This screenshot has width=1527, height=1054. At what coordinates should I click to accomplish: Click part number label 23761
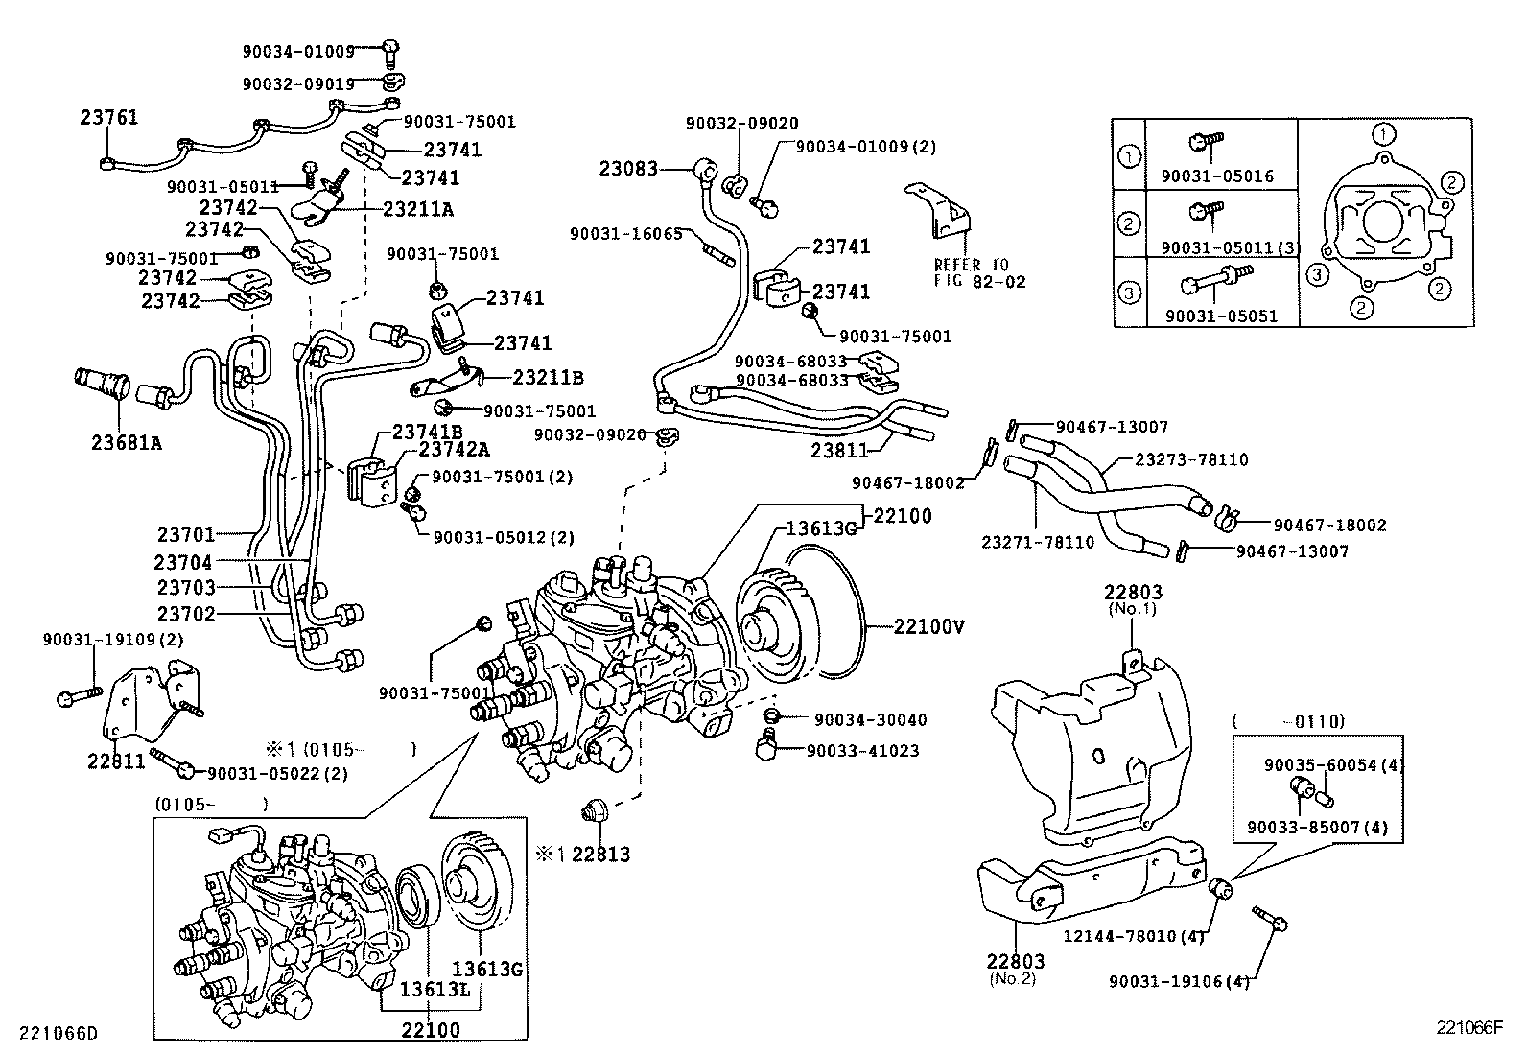click(x=108, y=118)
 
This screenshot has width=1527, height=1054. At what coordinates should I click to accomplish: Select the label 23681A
click(x=127, y=442)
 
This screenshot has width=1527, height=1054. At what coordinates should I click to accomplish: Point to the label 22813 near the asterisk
click(x=600, y=854)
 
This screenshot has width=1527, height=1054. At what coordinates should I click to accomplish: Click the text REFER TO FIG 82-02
click(x=979, y=272)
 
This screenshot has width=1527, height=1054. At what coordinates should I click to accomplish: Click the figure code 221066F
click(x=1468, y=1027)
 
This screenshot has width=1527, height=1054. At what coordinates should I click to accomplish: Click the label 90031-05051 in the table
click(x=1221, y=316)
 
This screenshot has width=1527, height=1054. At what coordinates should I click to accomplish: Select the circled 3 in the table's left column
click(x=1131, y=293)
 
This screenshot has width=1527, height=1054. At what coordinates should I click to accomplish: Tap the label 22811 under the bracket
click(x=115, y=761)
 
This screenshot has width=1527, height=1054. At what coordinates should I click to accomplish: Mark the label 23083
click(x=628, y=169)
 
